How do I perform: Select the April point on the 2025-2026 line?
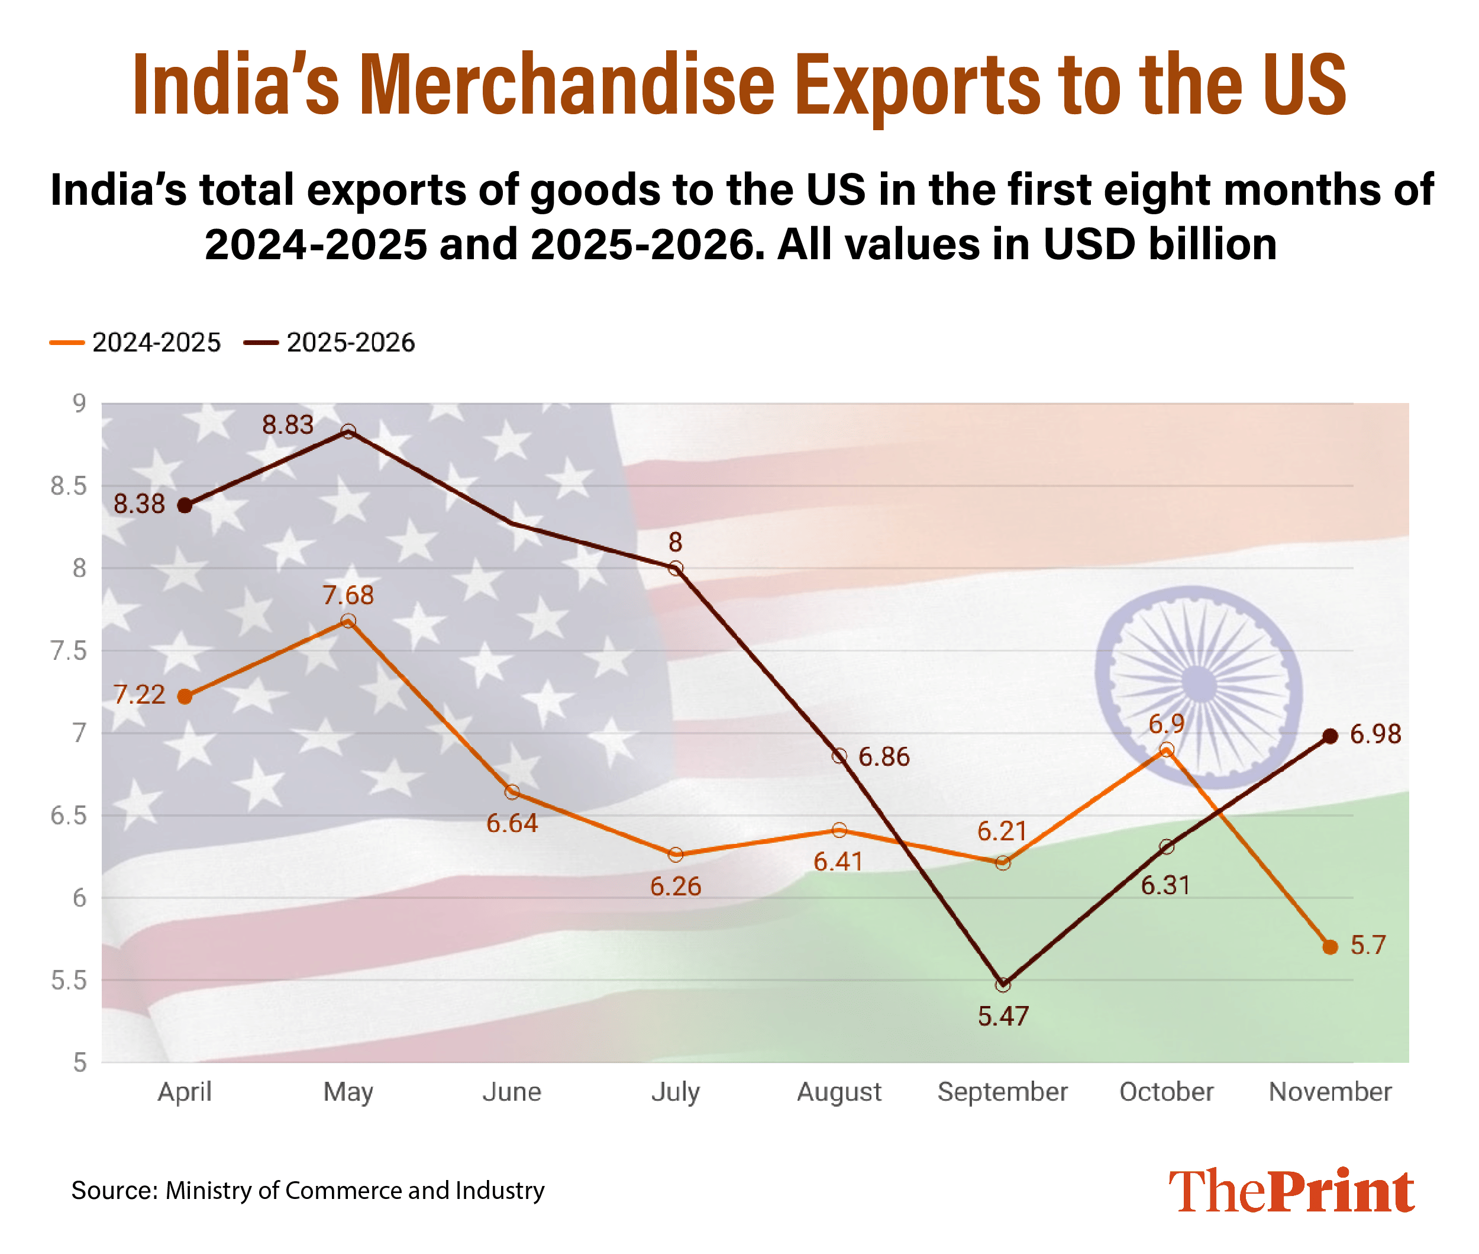click(x=185, y=505)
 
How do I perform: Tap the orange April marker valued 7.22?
click(x=185, y=697)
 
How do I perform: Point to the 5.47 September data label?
click(x=1003, y=1017)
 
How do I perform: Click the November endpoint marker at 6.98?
click(x=1330, y=736)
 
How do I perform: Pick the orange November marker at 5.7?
click(x=1330, y=947)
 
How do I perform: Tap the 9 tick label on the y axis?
click(x=79, y=403)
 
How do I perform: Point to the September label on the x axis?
click(x=1002, y=1091)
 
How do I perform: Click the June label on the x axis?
click(x=512, y=1091)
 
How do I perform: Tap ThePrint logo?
click(x=1291, y=1190)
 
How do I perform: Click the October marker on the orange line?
click(x=1166, y=749)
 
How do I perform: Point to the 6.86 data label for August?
click(x=883, y=757)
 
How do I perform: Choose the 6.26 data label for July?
click(x=675, y=886)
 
